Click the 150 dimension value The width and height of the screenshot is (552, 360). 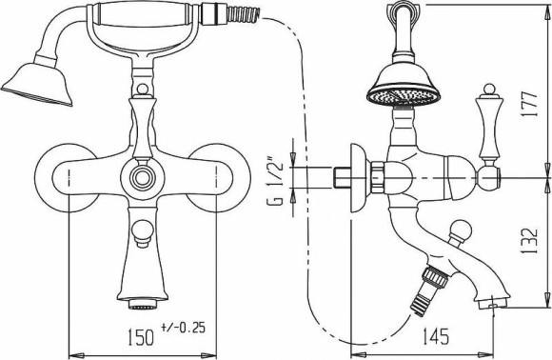(x=141, y=337)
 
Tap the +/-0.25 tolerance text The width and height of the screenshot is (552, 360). (x=183, y=328)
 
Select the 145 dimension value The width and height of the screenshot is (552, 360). (x=436, y=336)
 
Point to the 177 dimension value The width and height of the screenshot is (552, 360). (x=530, y=105)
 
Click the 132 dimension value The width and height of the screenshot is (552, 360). (x=530, y=241)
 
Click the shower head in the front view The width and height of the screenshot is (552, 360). (x=37, y=84)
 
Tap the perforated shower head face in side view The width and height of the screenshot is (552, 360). (x=404, y=95)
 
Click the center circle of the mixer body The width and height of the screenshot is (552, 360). (x=142, y=177)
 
